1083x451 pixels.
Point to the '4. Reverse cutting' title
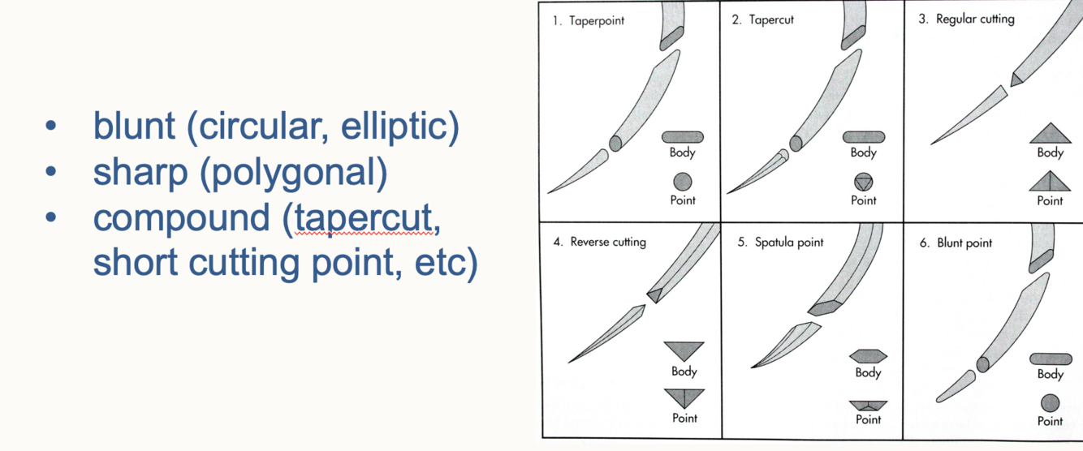pos(600,242)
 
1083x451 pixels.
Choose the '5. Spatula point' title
pos(780,242)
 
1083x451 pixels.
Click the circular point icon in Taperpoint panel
pos(683,182)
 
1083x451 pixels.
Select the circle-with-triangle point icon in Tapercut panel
pos(863,182)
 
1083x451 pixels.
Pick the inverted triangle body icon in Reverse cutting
pos(684,350)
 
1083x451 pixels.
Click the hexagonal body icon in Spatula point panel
pos(868,355)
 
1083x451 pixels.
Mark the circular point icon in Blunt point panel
pos(1050,402)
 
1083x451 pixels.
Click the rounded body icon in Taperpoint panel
pos(683,137)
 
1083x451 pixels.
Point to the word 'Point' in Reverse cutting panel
pos(684,419)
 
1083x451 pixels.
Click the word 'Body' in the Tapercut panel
pos(863,152)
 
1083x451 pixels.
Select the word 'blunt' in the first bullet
pos(134,126)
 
